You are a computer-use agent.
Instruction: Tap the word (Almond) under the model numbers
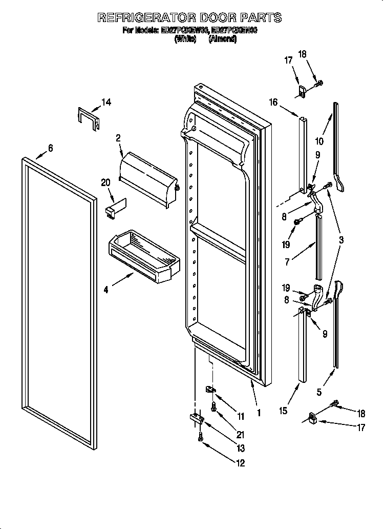click(222, 39)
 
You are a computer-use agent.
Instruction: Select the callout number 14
click(105, 103)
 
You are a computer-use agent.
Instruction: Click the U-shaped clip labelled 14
click(88, 116)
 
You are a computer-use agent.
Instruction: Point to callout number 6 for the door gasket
click(50, 148)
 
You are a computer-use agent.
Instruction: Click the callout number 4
click(106, 290)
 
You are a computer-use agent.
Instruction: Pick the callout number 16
click(273, 103)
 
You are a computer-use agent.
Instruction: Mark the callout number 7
click(288, 262)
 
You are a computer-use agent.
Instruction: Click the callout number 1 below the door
click(259, 412)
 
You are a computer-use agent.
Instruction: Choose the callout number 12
click(240, 463)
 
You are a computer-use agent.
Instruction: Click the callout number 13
click(240, 449)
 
